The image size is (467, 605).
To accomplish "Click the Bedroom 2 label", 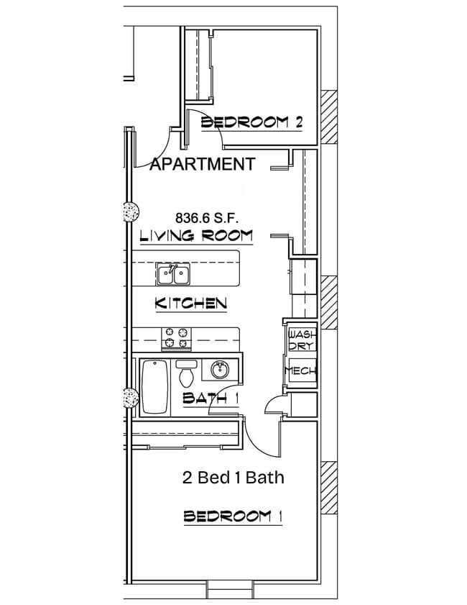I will (251, 122).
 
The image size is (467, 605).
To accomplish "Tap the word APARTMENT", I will (202, 164).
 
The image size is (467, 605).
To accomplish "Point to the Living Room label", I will (195, 235).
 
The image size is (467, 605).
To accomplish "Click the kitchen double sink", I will (173, 275).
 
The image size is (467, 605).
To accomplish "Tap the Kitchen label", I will (191, 304).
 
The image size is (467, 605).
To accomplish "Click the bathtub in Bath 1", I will (154, 388).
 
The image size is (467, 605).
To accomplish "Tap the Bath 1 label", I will (210, 398).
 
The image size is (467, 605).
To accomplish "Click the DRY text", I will (299, 347).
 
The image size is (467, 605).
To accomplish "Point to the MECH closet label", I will (300, 371).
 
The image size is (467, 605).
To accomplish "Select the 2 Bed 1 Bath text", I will (234, 477).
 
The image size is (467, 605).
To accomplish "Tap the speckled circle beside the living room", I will (130, 212).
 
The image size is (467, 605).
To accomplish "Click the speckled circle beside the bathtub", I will (130, 398).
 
